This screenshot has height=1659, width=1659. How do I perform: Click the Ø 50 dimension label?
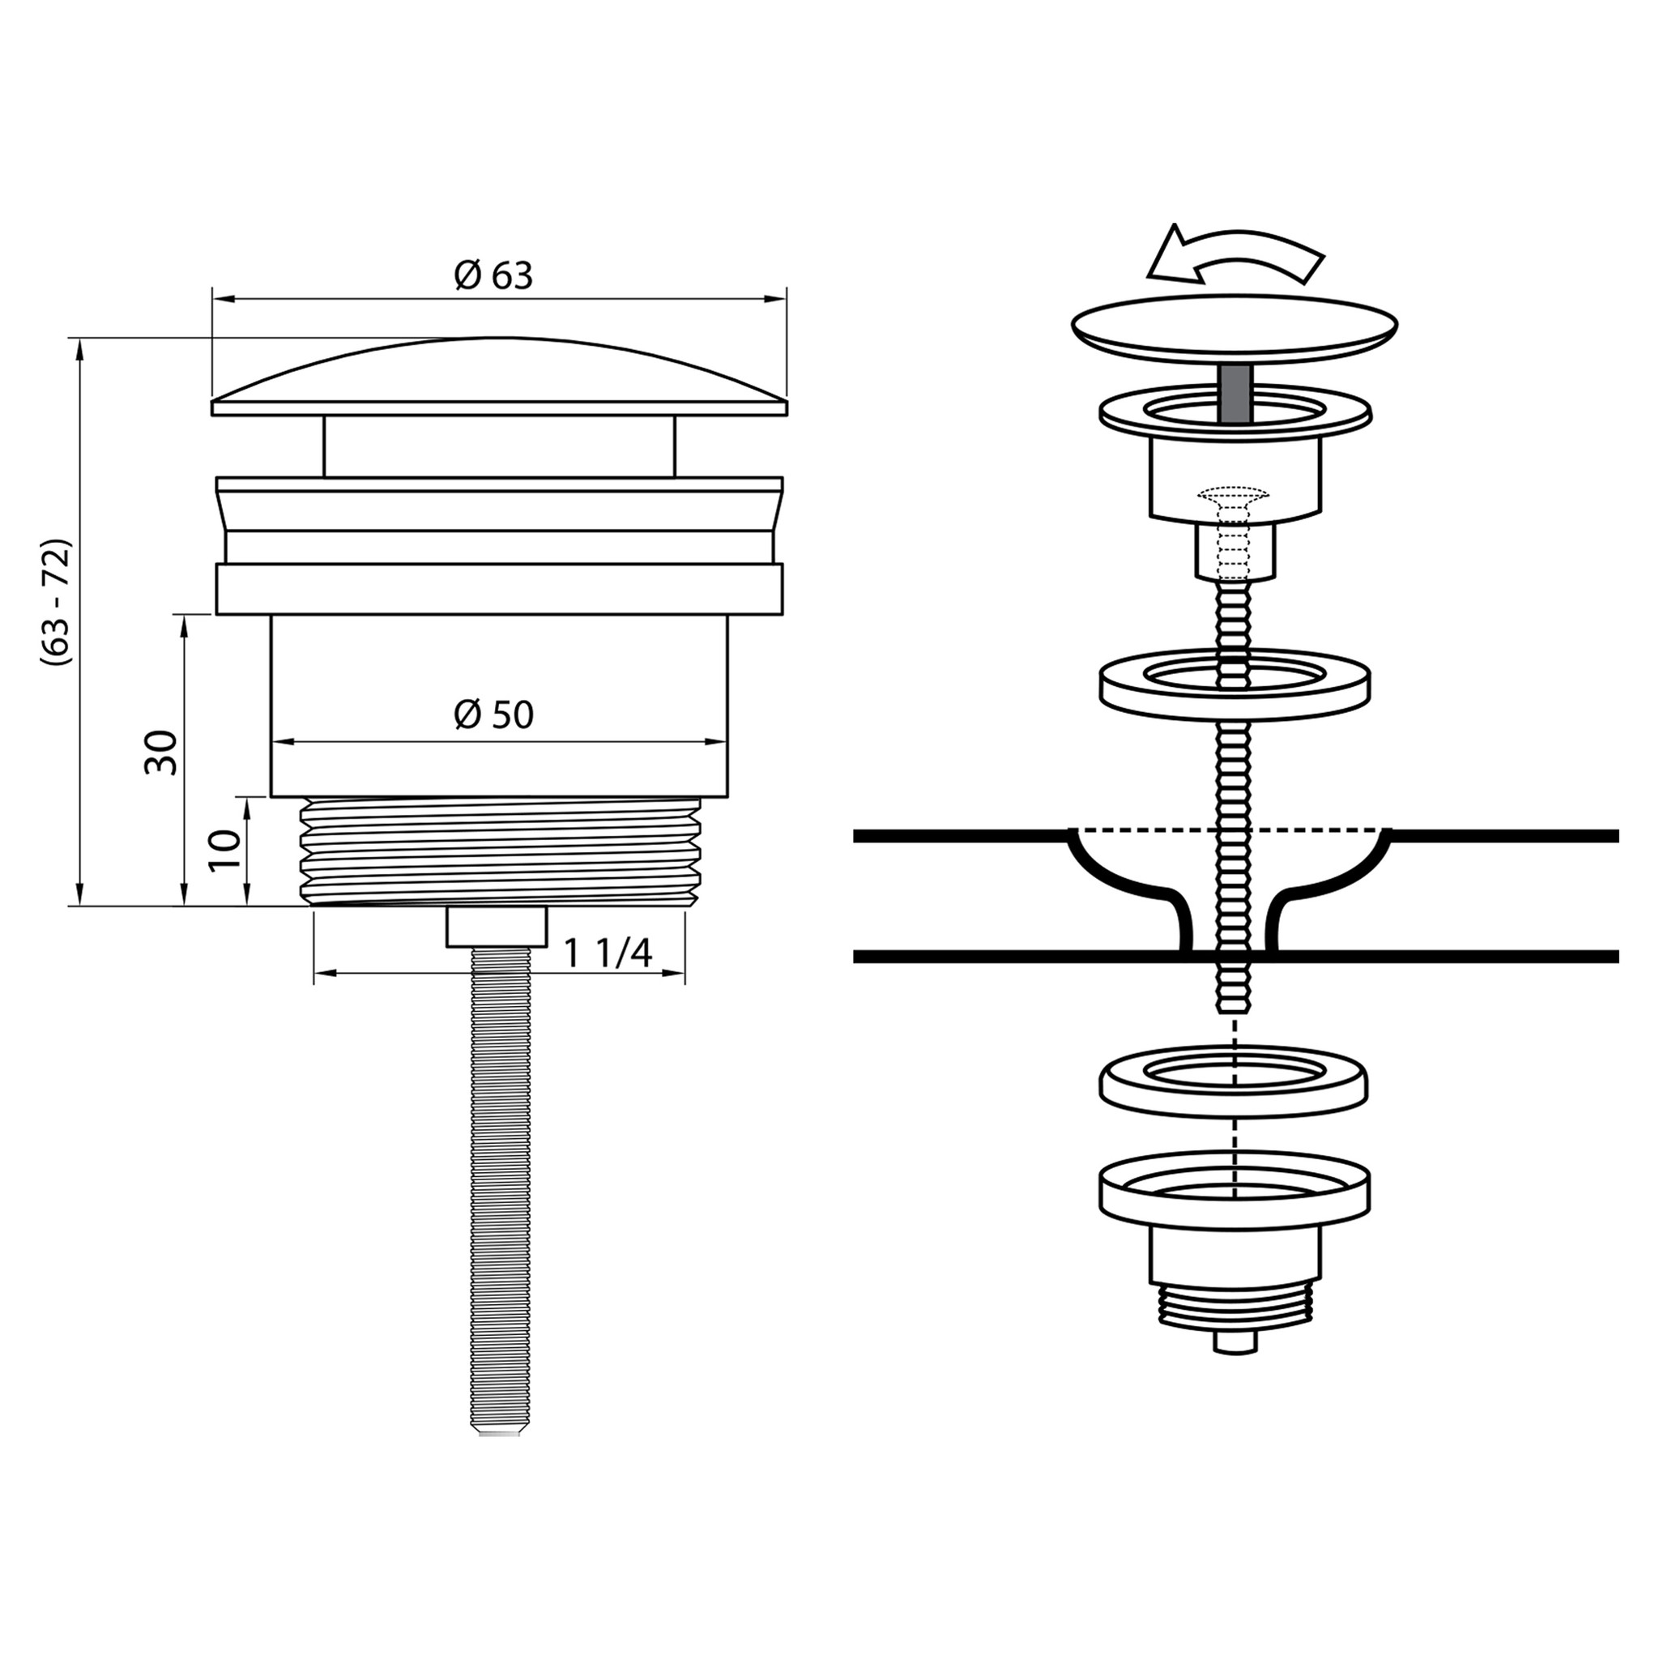(x=494, y=714)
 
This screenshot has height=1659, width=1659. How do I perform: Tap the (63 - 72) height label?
(x=57, y=602)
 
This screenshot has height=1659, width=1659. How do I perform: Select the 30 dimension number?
(x=160, y=753)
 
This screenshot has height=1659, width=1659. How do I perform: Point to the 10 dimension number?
(x=225, y=849)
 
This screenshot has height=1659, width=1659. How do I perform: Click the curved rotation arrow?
(x=1235, y=254)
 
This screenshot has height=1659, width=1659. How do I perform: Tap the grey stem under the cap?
(x=1235, y=392)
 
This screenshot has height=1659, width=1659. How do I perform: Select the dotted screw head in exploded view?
(x=1234, y=497)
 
